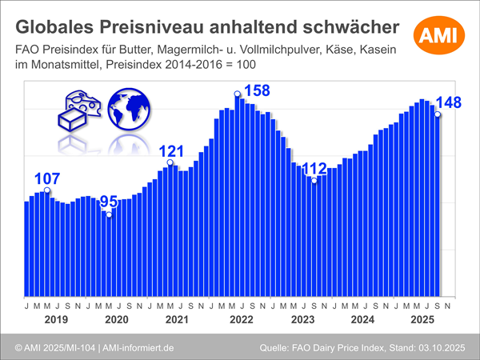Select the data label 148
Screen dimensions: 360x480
point(454,105)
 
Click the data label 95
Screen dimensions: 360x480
point(108,202)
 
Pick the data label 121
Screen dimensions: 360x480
point(170,151)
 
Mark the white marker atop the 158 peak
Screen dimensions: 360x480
point(237,94)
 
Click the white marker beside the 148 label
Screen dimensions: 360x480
point(438,114)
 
